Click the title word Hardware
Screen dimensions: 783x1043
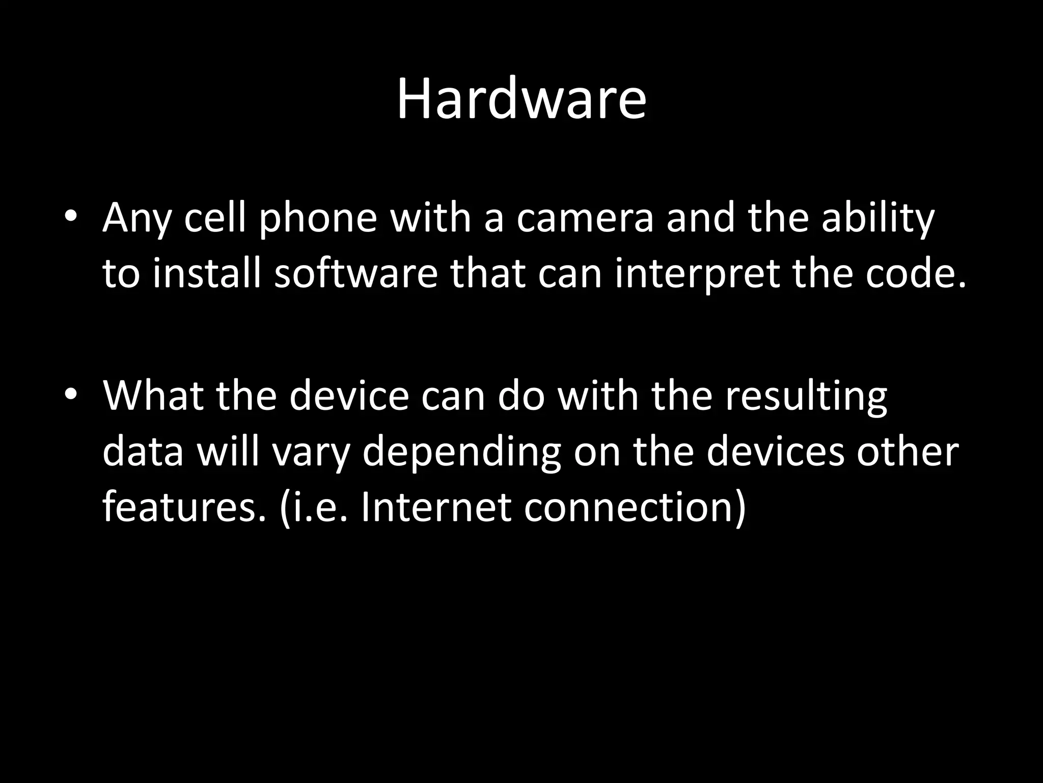[521, 99]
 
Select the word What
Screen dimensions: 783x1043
[153, 395]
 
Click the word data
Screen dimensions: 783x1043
[143, 452]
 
